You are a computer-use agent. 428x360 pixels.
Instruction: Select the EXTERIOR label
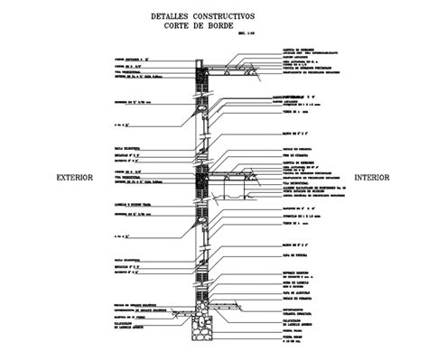coord(74,178)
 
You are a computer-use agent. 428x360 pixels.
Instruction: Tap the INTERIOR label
coord(371,178)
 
